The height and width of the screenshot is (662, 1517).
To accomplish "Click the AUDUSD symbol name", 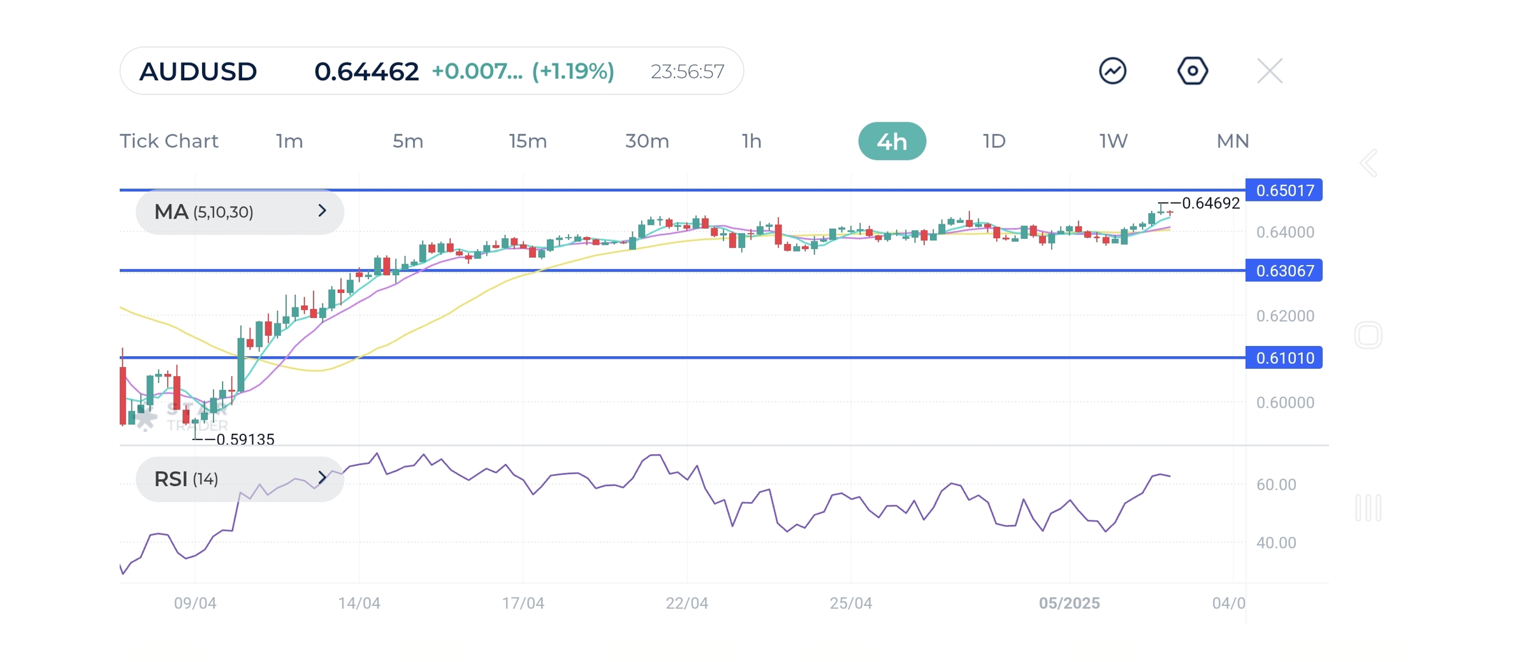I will pyautogui.click(x=198, y=71).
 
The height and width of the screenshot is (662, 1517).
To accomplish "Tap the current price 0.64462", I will pyautogui.click(x=367, y=71).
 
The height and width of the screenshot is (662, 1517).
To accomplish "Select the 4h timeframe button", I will pyautogui.click(x=892, y=141).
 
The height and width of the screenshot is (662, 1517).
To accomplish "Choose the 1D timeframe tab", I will pyautogui.click(x=994, y=141).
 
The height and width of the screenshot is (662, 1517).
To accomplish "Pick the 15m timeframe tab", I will pyautogui.click(x=528, y=141).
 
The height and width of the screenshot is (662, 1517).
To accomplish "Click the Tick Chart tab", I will pyautogui.click(x=169, y=141).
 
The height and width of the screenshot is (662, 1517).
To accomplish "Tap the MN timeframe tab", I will pyautogui.click(x=1232, y=141).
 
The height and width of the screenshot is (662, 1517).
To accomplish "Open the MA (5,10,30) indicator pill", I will pyautogui.click(x=240, y=212).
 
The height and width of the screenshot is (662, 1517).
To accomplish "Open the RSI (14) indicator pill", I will pyautogui.click(x=240, y=479).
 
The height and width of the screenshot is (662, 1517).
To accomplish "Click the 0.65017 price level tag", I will pyautogui.click(x=1284, y=191).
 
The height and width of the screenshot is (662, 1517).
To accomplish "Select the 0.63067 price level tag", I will pyautogui.click(x=1284, y=271).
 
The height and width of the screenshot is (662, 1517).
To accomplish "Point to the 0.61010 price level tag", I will pyautogui.click(x=1284, y=358).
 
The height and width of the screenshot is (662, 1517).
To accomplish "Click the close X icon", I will pyautogui.click(x=1270, y=71).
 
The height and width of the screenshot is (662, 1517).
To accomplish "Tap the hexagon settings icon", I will pyautogui.click(x=1192, y=71).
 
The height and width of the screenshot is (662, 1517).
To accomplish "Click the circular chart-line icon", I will pyautogui.click(x=1112, y=71).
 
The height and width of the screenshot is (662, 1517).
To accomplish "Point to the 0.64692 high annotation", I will pyautogui.click(x=1210, y=203).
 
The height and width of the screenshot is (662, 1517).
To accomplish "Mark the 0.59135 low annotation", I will pyautogui.click(x=245, y=440).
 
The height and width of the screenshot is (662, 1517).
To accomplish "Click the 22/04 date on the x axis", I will pyautogui.click(x=686, y=603).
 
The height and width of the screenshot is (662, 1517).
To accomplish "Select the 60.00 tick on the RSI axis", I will pyautogui.click(x=1276, y=485).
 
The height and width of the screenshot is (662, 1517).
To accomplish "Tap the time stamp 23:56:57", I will pyautogui.click(x=687, y=71).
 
